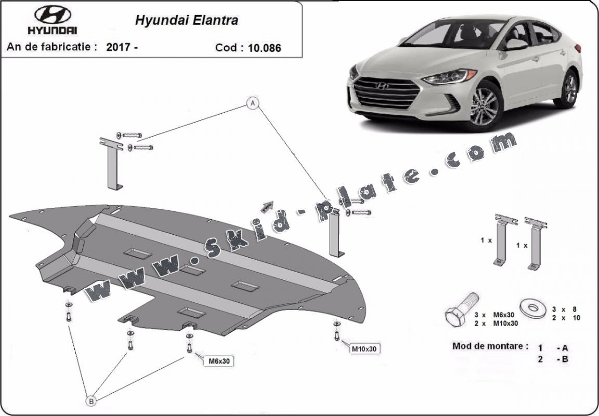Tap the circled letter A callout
[253, 103]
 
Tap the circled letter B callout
[91, 400]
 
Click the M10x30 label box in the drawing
[364, 349]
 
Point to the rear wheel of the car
[570, 89]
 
